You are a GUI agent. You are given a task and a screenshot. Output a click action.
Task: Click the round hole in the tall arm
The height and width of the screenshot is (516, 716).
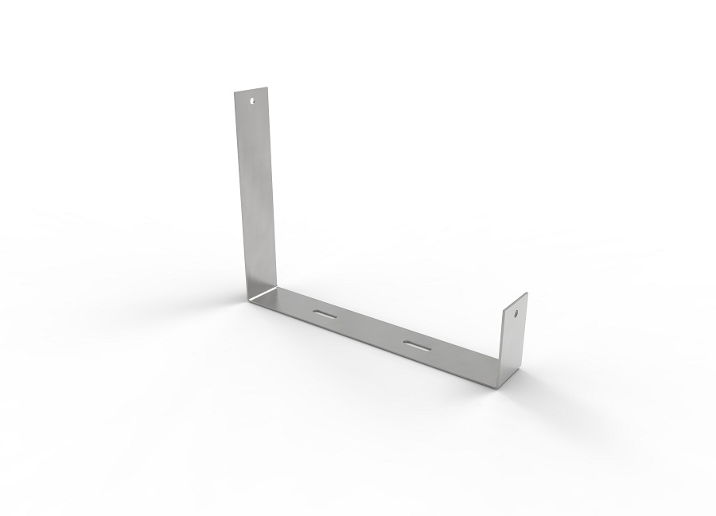(x=254, y=101)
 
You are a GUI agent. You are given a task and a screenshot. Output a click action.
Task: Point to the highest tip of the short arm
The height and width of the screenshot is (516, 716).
(x=527, y=293)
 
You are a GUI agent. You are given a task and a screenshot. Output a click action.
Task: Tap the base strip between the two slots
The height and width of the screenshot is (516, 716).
(x=371, y=331)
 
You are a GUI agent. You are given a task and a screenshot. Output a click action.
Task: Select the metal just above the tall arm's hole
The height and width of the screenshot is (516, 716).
(x=253, y=94)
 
